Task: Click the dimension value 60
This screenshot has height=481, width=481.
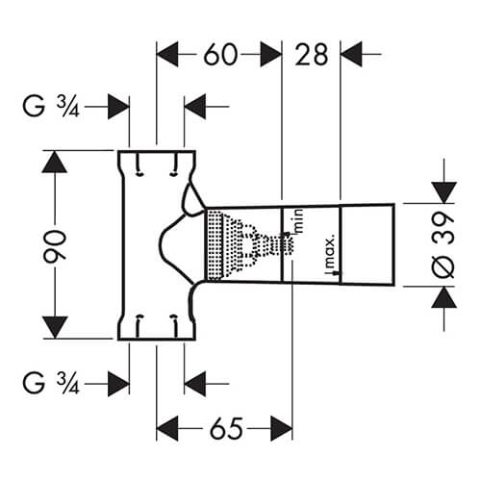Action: [x=219, y=55]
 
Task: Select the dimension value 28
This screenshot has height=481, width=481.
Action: [x=312, y=55]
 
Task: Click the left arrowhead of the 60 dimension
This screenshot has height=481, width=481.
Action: [x=168, y=55]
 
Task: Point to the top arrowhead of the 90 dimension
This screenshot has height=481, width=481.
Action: [x=55, y=162]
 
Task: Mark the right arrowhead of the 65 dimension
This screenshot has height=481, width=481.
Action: [x=280, y=424]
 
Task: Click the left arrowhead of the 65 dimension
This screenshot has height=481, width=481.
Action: [x=168, y=424]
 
